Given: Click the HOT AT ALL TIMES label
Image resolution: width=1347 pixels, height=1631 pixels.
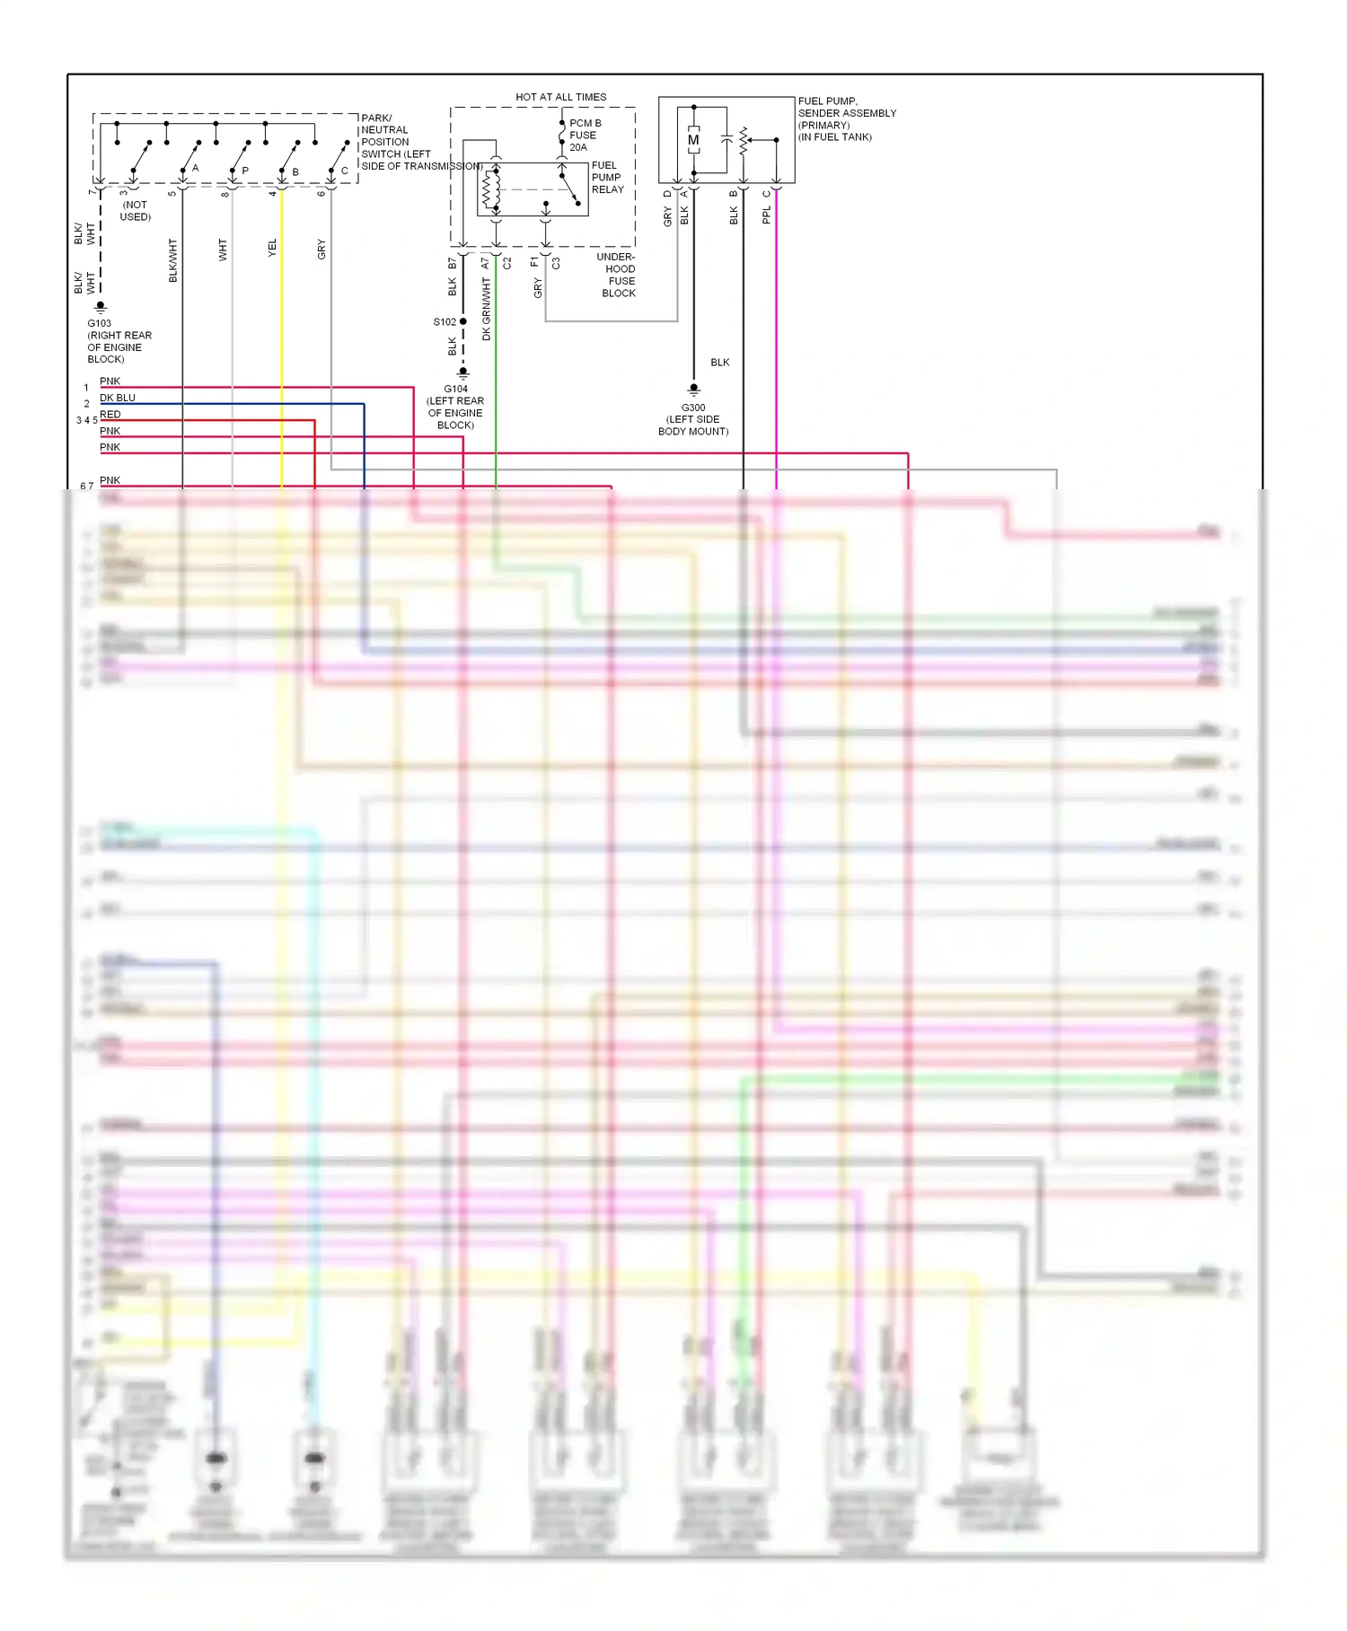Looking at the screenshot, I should tap(560, 97).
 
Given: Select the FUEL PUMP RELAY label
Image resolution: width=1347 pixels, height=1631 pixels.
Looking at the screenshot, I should tap(607, 178).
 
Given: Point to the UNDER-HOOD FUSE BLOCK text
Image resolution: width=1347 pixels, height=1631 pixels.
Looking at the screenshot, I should tap(617, 276).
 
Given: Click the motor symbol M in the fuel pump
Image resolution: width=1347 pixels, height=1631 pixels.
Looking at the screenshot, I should tap(693, 140).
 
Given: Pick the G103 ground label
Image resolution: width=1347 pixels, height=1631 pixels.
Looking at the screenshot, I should tap(100, 323).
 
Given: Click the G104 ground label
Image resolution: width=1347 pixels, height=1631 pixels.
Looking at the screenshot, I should tap(455, 389).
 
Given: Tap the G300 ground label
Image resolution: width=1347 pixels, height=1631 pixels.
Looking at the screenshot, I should tap(693, 408).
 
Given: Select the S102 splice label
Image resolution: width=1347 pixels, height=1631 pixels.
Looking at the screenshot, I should tap(445, 321).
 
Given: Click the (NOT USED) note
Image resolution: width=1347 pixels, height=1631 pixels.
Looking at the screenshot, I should tap(136, 211).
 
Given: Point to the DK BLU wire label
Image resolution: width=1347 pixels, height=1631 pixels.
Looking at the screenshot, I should tap(118, 398).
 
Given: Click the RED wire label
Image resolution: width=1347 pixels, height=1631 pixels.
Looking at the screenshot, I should tap(110, 415).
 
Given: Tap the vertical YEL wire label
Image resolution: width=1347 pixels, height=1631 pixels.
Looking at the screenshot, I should tap(273, 249).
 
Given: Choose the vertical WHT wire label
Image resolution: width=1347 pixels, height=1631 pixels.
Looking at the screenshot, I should tap(224, 250).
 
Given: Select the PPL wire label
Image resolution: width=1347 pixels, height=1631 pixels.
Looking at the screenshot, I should tap(766, 215).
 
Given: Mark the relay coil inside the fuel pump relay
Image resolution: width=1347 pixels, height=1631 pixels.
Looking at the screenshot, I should tap(490, 189).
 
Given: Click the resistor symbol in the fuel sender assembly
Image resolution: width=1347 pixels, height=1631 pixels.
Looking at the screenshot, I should tap(744, 140).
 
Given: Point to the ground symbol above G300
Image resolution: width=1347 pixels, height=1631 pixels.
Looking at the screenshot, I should tap(693, 390).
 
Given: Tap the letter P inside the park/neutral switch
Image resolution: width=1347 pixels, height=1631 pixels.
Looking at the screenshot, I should tap(245, 171).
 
